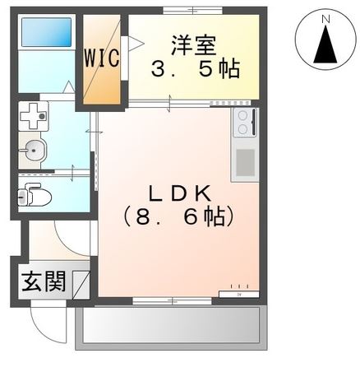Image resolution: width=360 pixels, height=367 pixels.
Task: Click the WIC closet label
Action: click(x=101, y=59)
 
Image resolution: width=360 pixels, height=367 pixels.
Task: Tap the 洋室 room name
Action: click(x=194, y=42)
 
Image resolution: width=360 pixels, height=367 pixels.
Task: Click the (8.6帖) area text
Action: click(x=179, y=217)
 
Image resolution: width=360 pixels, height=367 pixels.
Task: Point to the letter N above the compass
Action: click(x=325, y=16)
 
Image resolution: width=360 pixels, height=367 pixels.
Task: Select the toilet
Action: click(x=34, y=196)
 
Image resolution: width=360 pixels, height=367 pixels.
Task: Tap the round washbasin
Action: click(x=34, y=151)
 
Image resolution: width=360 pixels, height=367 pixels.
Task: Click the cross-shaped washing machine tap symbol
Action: click(x=34, y=115)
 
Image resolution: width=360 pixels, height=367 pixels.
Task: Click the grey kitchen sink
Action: click(x=245, y=164)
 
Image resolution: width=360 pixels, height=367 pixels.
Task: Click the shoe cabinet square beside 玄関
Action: click(x=81, y=283)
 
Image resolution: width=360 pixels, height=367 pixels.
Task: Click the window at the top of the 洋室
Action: click(x=193, y=11)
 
